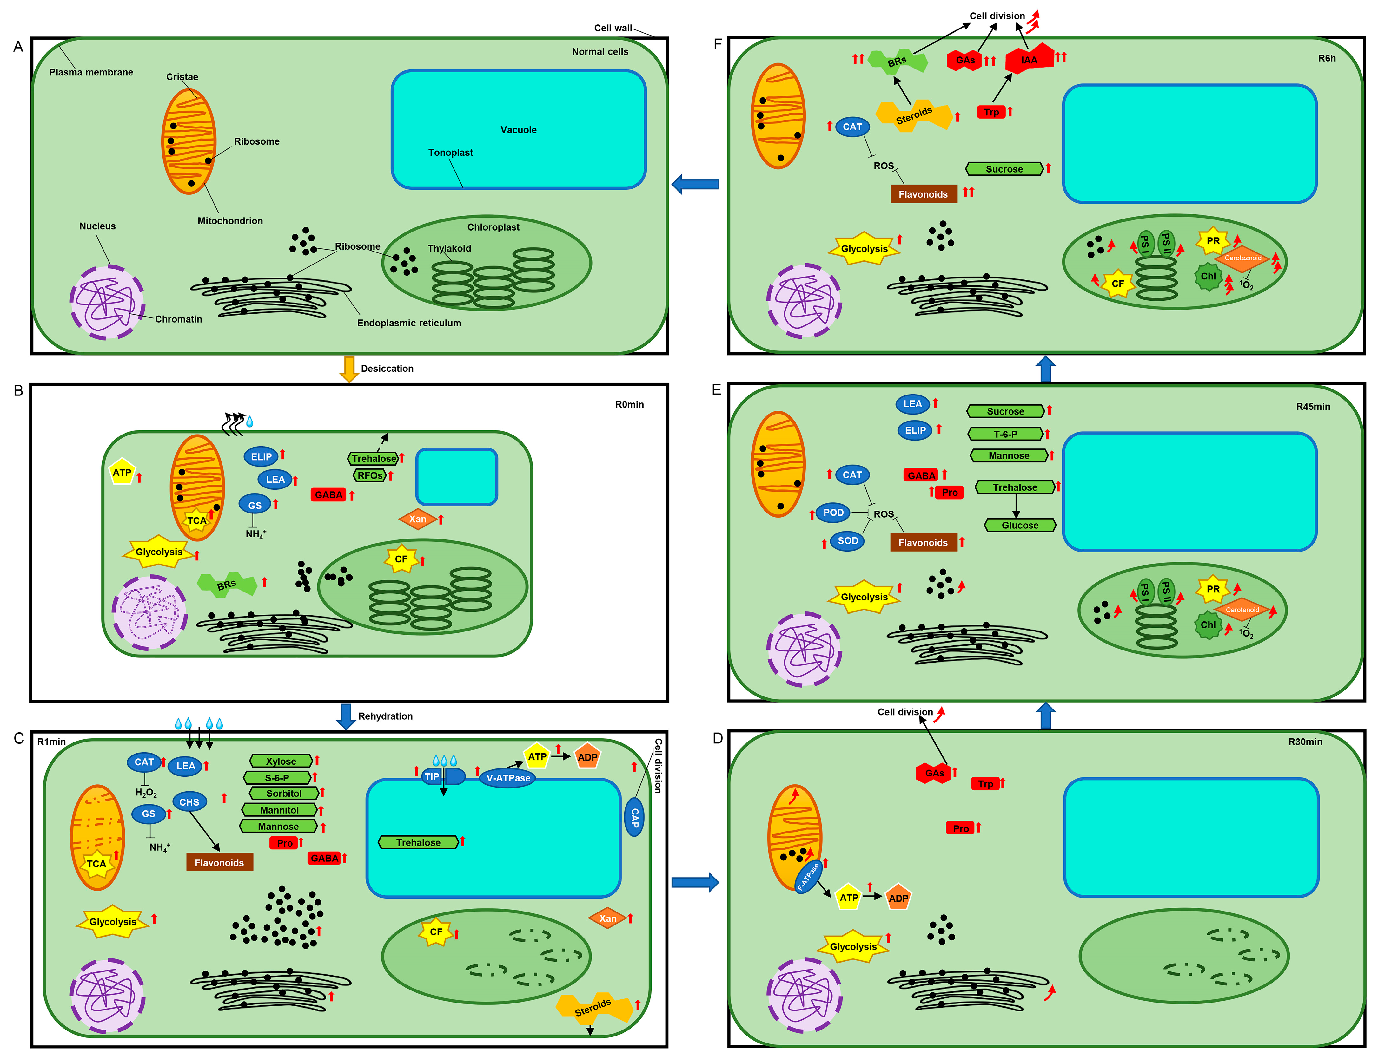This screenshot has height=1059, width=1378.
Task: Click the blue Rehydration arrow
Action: click(346, 716)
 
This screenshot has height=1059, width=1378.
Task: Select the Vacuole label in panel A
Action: click(518, 130)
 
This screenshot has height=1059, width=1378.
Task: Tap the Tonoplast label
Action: click(450, 153)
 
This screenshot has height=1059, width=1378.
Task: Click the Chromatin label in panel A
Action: click(178, 319)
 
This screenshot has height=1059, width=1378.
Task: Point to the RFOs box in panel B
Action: click(370, 475)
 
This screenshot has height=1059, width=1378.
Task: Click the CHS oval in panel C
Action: click(189, 802)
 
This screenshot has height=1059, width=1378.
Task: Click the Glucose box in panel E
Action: click(1020, 525)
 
